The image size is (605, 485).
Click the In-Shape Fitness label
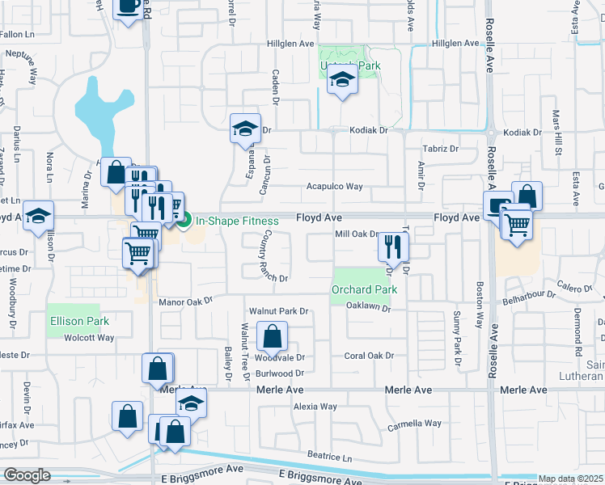[x=236, y=221]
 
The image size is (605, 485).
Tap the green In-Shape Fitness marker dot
[x=184, y=219]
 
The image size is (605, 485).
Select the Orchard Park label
[x=364, y=289]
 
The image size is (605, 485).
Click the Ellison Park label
[x=79, y=321]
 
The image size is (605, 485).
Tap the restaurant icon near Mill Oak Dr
[x=392, y=247]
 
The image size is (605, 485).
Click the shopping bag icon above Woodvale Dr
[x=273, y=336]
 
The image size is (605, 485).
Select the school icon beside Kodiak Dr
[x=244, y=128]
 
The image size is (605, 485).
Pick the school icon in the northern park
[x=342, y=81]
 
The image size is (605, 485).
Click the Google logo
[x=27, y=475]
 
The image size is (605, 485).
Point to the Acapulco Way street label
[x=334, y=187]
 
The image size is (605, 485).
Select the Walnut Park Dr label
[x=279, y=310]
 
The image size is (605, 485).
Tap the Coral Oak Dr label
[x=369, y=356]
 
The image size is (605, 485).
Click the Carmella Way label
[x=414, y=423]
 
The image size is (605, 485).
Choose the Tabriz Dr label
[x=441, y=149]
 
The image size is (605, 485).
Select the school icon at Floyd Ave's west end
[x=37, y=216]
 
